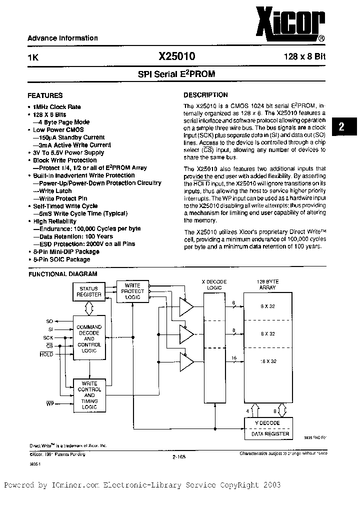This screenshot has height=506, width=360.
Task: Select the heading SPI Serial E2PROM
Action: [176, 73]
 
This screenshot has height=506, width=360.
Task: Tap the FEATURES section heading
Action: [45, 95]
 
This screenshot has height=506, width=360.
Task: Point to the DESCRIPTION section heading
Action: [205, 95]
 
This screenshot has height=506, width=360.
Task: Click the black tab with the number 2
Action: [341, 127]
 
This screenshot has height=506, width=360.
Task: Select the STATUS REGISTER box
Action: [88, 291]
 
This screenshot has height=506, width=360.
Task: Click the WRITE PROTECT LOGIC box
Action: [133, 291]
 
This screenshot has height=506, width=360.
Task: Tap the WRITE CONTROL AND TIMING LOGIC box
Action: [89, 395]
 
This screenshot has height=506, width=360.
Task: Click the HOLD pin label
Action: [46, 354]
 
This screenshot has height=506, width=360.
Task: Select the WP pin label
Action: [49, 402]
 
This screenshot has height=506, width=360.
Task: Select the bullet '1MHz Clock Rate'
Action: [56, 107]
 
